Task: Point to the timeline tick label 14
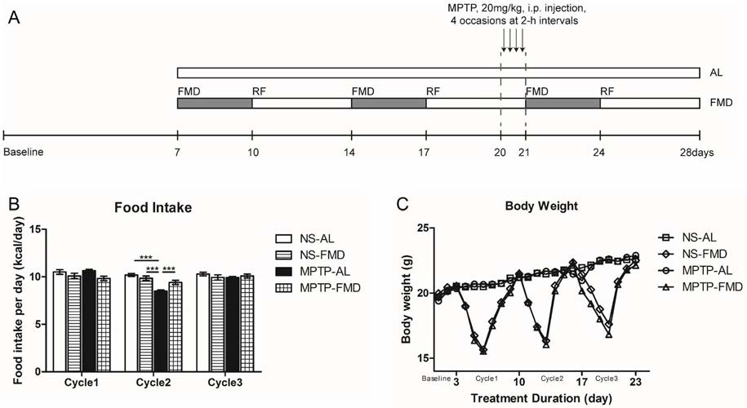[351, 153]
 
